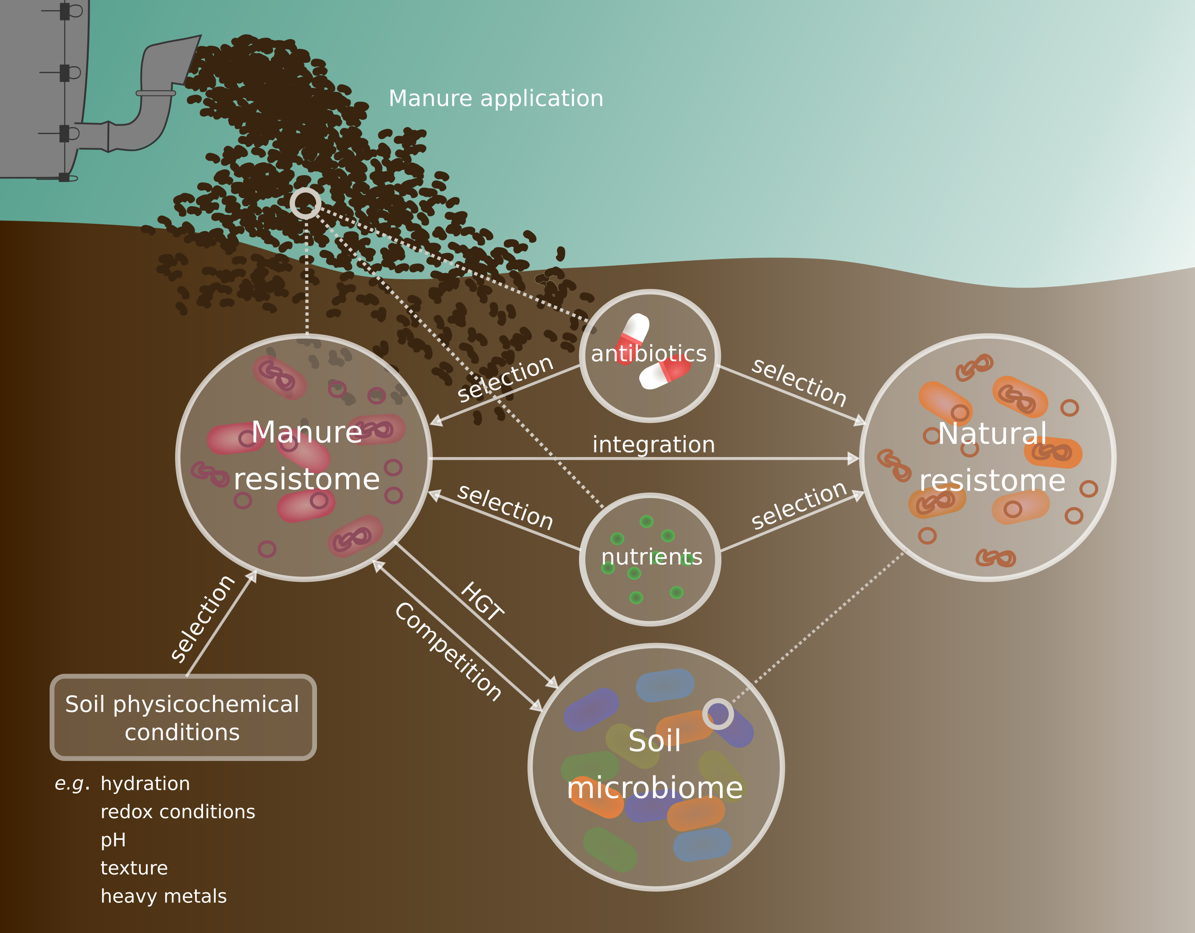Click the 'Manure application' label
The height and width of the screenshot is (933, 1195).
[496, 99]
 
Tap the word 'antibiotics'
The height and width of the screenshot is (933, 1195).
[649, 353]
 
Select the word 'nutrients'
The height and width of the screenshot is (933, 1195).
[651, 557]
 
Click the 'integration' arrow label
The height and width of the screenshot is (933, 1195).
[653, 444]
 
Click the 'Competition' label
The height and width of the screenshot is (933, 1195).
[448, 651]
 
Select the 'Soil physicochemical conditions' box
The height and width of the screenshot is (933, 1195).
[183, 717]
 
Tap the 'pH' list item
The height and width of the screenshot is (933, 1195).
[113, 839]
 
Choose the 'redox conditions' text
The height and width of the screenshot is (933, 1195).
[178, 811]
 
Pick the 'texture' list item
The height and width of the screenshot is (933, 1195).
[134, 868]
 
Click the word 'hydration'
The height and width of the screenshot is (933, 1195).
[145, 784]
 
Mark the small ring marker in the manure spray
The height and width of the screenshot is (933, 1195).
[305, 203]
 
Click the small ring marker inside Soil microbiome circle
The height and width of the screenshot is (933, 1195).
[717, 714]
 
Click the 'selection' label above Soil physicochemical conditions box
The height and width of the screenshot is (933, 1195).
[203, 618]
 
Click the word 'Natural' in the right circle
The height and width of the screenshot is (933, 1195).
[992, 433]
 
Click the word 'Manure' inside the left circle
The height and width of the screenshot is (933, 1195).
[307, 432]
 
